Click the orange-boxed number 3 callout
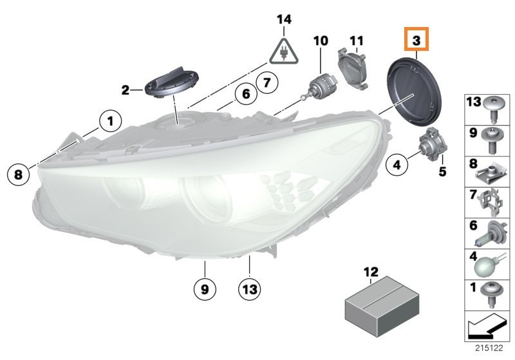pos(416,39)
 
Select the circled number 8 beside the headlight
pos(18,174)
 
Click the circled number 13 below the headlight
pos(250,289)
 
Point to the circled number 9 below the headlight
pos(205,289)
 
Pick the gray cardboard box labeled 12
pos(382,307)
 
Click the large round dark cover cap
pos(415,92)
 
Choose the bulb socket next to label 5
pos(432,144)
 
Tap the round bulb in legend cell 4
pos(487,265)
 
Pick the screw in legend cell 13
pos(491,108)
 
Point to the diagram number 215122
pos(489,348)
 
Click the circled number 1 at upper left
pos(110,121)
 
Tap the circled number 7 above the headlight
pos(267,82)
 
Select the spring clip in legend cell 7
pos(491,202)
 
